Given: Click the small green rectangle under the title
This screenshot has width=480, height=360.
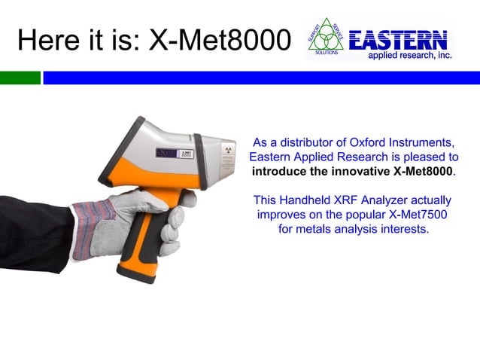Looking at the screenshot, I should click(20, 78).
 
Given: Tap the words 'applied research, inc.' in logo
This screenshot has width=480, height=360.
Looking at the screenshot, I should click(409, 56).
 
